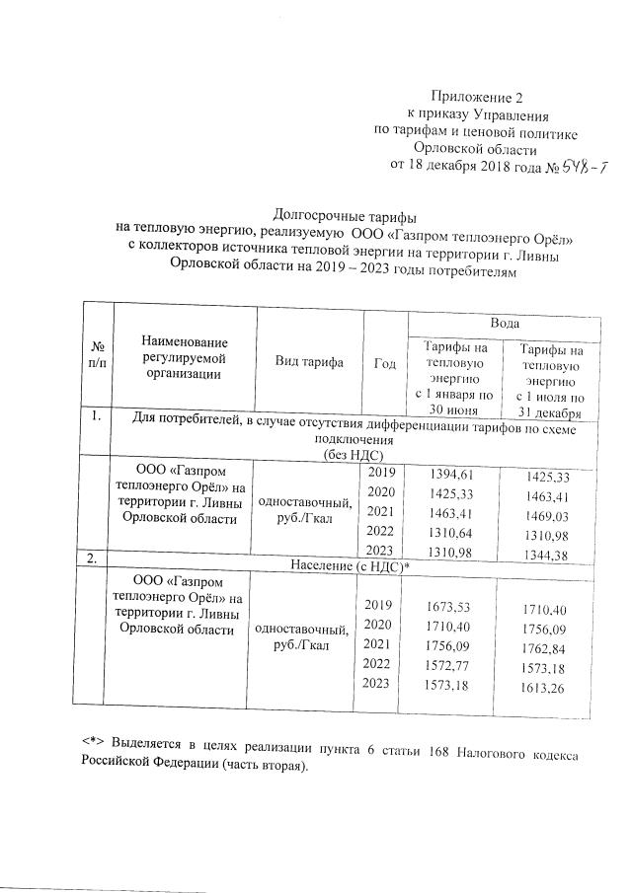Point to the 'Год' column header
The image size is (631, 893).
tap(384, 364)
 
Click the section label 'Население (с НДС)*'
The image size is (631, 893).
tap(349, 565)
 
